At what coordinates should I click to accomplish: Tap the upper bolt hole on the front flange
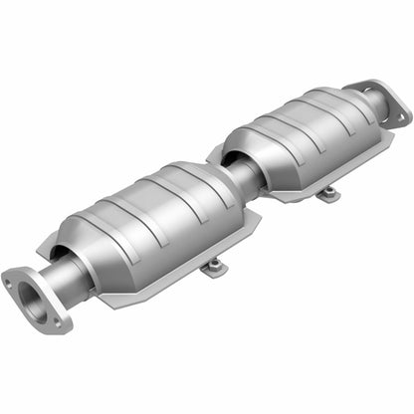12,280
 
